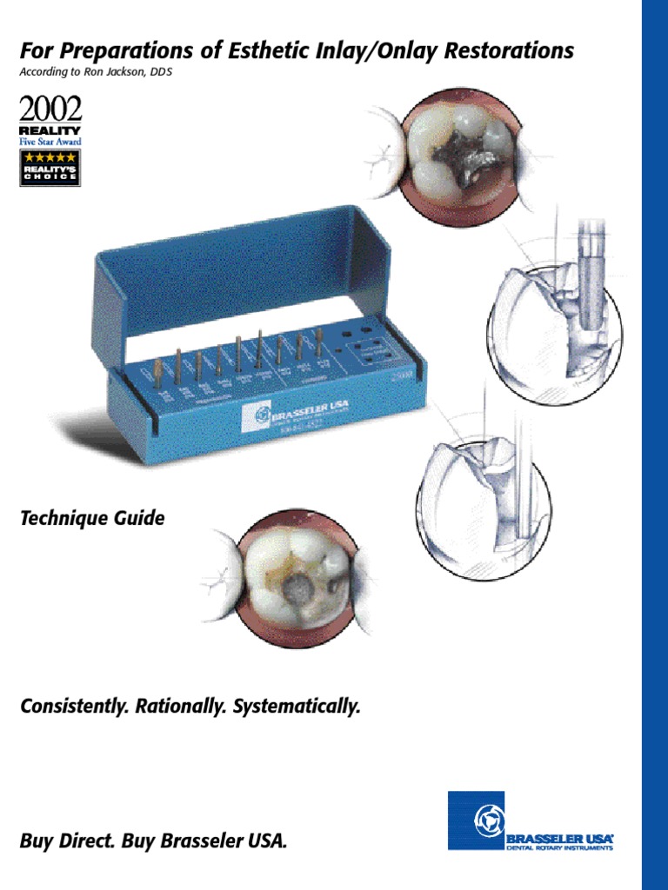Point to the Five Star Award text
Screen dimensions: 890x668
tap(50, 140)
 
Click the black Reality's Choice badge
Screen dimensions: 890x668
tap(50, 167)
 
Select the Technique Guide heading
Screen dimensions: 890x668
tap(92, 519)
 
